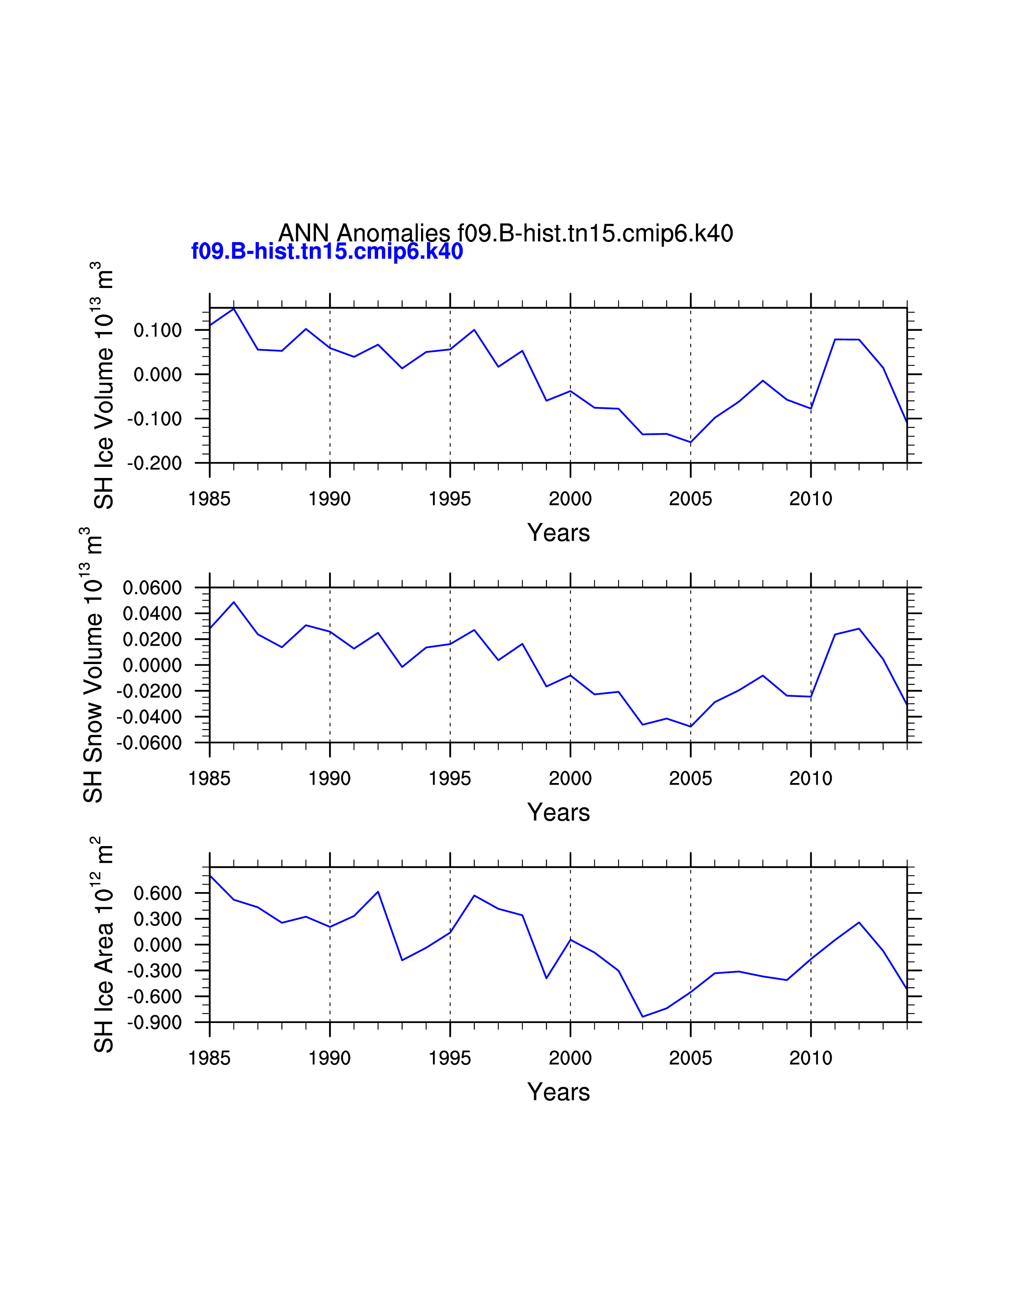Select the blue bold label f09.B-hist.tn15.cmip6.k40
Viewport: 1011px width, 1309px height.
point(327,251)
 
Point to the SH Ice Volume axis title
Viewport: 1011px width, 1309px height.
point(103,386)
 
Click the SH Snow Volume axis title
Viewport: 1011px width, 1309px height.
point(92,665)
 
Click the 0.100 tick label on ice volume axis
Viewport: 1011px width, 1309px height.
point(157,330)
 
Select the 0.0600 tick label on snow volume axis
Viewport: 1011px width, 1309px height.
point(152,588)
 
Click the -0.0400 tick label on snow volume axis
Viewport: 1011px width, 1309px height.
point(149,717)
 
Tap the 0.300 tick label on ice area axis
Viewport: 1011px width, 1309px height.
point(157,919)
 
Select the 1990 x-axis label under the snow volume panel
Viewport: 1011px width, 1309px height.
point(329,779)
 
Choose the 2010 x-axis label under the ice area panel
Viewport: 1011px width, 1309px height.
point(810,1058)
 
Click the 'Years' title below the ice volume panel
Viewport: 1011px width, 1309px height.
point(558,533)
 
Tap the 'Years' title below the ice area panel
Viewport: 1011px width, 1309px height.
point(558,1092)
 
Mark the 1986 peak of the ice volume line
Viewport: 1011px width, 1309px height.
point(234,308)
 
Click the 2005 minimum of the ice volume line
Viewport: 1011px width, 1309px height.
point(691,442)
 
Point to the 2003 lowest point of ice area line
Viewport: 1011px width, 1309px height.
point(643,1017)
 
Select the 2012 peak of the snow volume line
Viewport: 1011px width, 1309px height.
point(859,629)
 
